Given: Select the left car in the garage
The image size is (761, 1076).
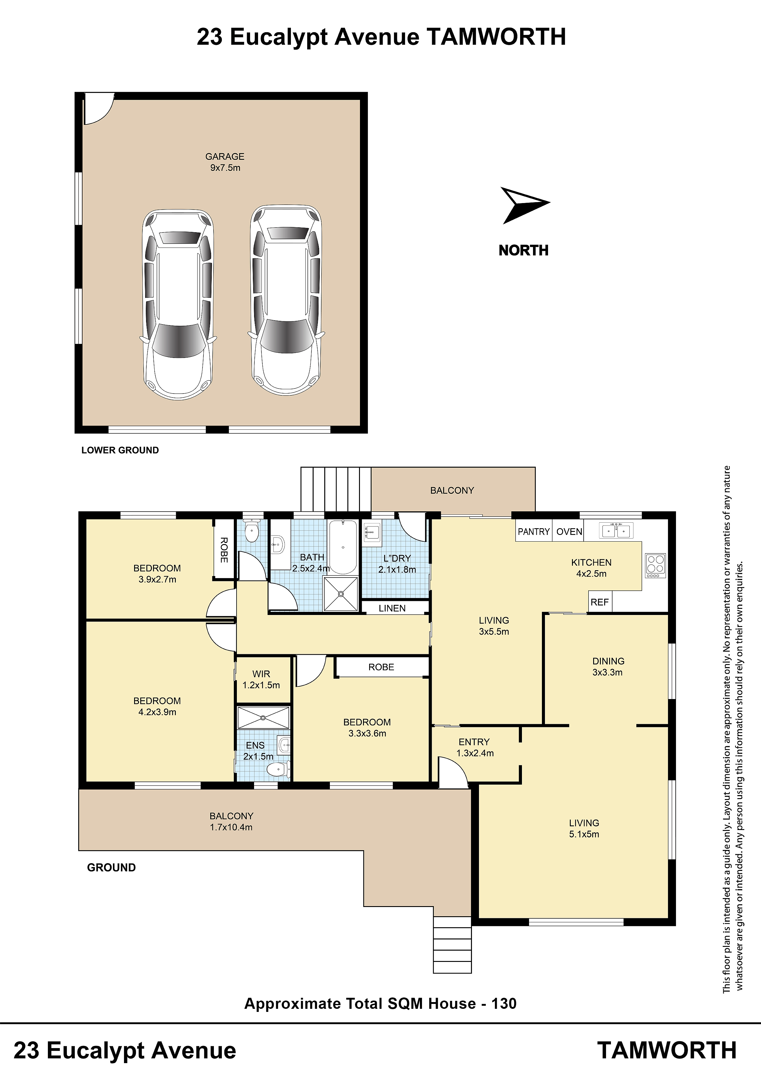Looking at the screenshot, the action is coord(178,305).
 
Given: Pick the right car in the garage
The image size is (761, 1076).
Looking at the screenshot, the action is coord(286,300).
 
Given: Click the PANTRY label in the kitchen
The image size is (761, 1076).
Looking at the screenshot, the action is coord(534,532).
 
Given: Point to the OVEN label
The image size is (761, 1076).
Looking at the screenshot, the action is coord(569,532).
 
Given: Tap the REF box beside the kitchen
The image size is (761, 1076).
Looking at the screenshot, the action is coord(600,602).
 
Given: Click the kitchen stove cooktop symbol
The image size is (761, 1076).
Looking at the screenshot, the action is coord(655,566).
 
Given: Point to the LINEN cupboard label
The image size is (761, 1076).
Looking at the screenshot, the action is coord(392,608).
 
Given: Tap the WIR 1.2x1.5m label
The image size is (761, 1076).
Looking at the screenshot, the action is coord(261,679).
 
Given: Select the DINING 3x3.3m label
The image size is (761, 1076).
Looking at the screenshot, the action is coord(608,667).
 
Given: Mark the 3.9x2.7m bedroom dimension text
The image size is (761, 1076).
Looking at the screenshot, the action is coord(157,579).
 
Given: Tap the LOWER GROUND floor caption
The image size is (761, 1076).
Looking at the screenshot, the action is coord(120,450).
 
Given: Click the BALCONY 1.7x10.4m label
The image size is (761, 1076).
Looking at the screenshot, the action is coord(231,821).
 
